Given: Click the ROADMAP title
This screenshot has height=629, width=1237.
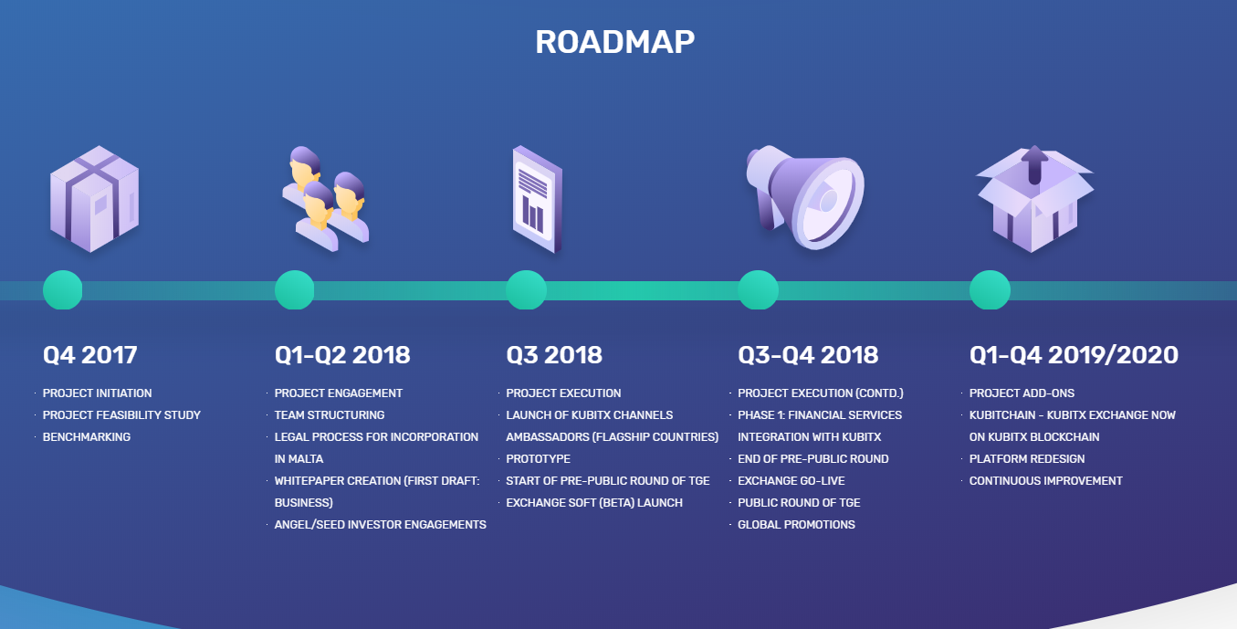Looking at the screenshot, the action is pos(614,42).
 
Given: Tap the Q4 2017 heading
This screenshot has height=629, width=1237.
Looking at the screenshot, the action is pos(90,355).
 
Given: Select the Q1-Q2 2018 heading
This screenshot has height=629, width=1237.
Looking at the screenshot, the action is pos(342,355).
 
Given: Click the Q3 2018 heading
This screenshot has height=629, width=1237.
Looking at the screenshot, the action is pos(554,355).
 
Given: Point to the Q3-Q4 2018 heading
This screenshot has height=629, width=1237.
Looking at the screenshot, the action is pos(808,355).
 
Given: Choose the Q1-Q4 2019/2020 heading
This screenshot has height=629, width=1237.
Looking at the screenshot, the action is pos(1074,355).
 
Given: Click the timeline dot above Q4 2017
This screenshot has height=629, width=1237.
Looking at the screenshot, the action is pos(62,290).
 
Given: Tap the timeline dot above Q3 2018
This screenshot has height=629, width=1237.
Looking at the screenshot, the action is pos(526,290).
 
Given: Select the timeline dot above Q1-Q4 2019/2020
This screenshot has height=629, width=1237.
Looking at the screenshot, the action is pos(990,290).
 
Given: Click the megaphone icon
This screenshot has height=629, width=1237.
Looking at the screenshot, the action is pos(805,197).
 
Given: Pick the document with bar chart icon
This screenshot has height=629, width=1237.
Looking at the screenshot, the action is pos(538,199).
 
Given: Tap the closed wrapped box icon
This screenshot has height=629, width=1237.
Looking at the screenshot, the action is pos(94,199).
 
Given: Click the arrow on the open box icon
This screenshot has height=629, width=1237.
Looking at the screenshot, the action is pos(1035,164).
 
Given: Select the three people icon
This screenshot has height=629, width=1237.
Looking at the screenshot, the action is pos(326,199).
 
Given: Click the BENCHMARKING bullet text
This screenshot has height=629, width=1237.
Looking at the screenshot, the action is pos(87,436).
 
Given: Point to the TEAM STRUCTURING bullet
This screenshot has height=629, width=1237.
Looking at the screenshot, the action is pos(330,414).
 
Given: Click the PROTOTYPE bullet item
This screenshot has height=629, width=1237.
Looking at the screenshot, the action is pos(538,459).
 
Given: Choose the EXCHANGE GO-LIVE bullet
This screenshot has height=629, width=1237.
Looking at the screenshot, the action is pos(791,480).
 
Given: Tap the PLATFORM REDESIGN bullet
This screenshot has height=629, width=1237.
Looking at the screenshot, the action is pos(1027,459).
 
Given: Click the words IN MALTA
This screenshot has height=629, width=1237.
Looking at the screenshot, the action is pos(299,459).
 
